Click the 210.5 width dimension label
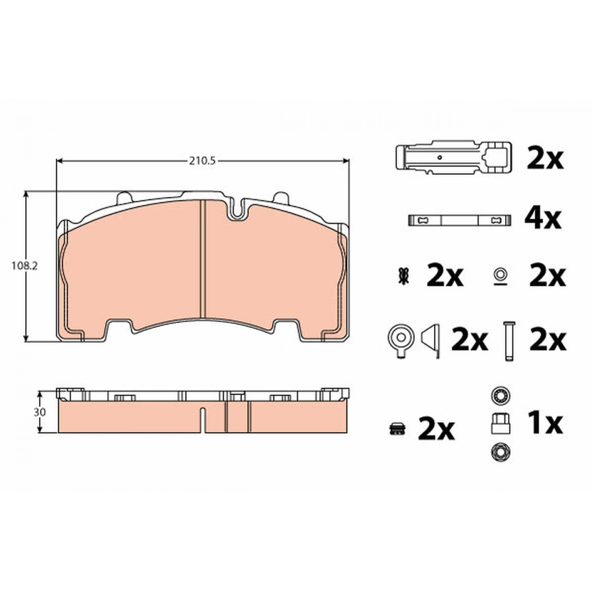[x=202, y=161]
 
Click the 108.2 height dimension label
[x=25, y=266]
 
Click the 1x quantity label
[x=545, y=423]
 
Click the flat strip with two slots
[x=460, y=220]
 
